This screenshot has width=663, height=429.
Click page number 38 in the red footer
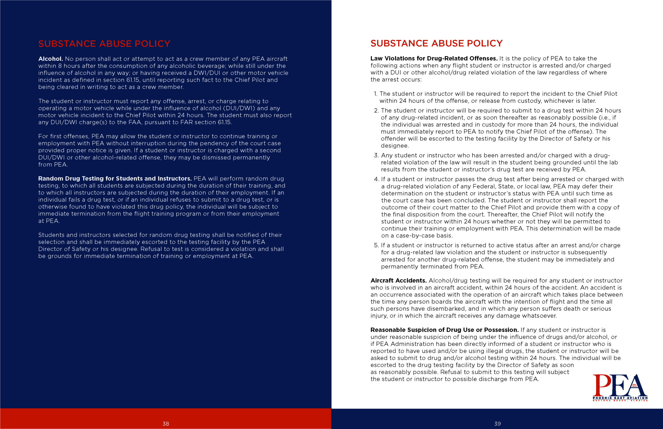click(x=166, y=424)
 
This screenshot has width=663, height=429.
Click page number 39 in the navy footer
click(x=497, y=424)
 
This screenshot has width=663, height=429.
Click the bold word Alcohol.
click(x=51, y=59)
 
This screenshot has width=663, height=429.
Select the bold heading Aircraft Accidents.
click(x=398, y=281)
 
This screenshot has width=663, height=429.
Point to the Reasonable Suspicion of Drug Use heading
click(x=444, y=330)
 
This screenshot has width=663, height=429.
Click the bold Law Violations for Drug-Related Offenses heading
click(x=434, y=59)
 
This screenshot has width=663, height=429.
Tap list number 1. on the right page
click(x=375, y=94)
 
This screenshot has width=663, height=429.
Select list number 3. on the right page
click(x=377, y=155)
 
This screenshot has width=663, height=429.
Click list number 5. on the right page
click(x=377, y=245)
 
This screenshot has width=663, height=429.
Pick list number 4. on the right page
click(x=377, y=179)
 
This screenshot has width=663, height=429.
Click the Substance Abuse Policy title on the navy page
click(x=104, y=44)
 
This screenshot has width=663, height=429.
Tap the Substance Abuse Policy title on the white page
click(x=436, y=44)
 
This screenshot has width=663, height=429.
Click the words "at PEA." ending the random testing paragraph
click(x=49, y=221)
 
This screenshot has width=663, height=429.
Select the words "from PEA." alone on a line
click(x=53, y=165)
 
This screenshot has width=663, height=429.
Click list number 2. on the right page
click(x=377, y=111)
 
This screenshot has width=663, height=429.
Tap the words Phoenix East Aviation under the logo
click(x=620, y=398)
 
